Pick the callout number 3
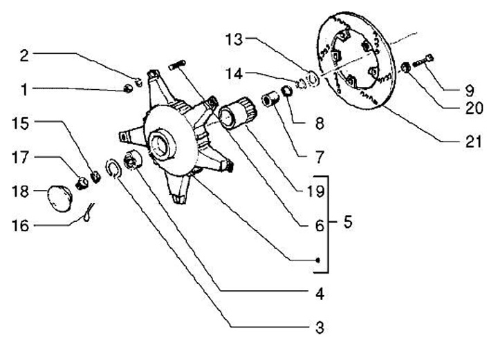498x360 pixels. [x=318, y=326]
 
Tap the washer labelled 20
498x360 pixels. [x=406, y=68]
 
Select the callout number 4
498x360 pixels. [x=318, y=294]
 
